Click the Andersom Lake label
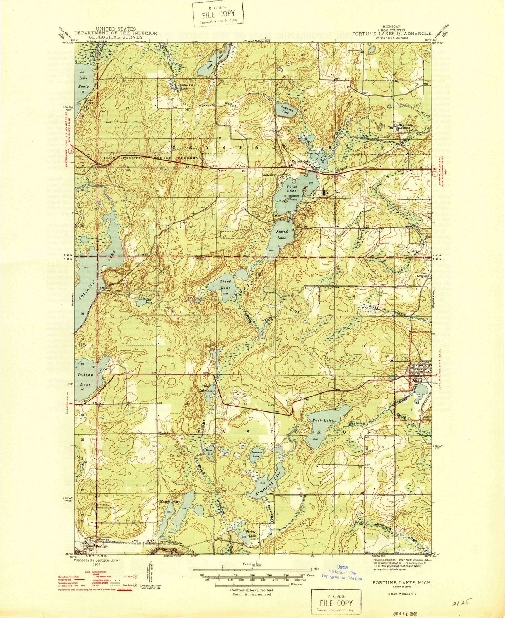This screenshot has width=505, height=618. tap(285, 110)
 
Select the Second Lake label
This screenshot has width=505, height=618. tap(282, 235)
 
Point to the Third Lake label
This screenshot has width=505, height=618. tap(225, 284)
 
